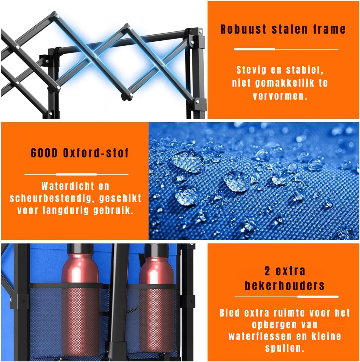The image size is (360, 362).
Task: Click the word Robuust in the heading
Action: [x=243, y=29]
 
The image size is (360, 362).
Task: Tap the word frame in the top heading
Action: [x=329, y=29]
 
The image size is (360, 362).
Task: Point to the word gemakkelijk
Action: [x=285, y=83]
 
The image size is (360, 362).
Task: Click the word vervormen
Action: [x=280, y=96]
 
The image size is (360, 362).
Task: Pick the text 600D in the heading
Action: [x=44, y=153]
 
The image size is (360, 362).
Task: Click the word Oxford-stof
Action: [x=96, y=153]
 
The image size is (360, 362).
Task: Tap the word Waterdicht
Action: [x=68, y=186]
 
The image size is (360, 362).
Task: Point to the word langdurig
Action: [x=65, y=210]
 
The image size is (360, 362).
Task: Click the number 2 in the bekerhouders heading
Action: [x=267, y=271]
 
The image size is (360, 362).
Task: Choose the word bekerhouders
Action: [x=285, y=286]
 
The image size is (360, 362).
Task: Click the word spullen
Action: [x=285, y=348]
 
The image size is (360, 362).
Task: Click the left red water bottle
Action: [x=80, y=300]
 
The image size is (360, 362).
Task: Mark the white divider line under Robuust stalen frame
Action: [x=286, y=49]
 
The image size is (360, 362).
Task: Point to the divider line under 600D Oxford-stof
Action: [x=76, y=174]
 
